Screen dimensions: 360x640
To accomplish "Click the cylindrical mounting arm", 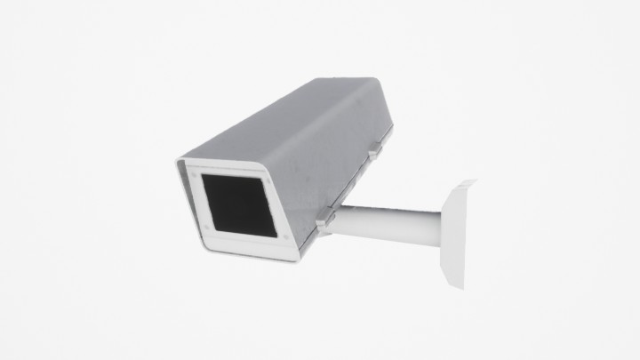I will tap(391, 225).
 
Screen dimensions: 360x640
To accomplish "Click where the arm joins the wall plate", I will tap(441, 227).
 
